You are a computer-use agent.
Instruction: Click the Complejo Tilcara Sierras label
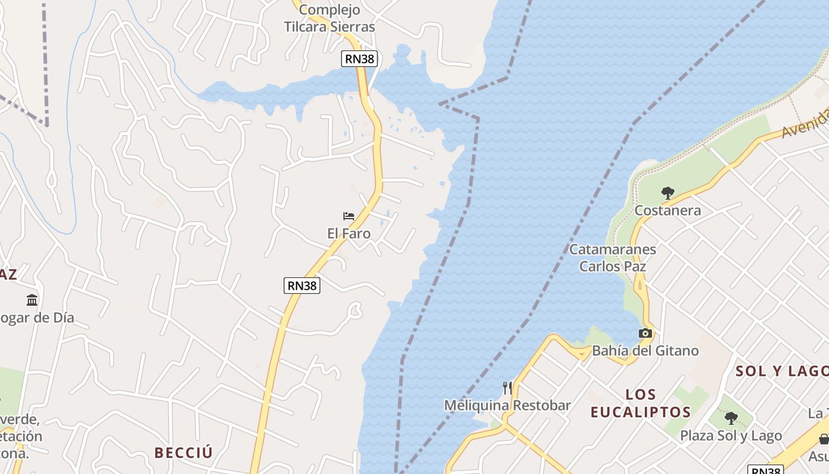pos(329,18)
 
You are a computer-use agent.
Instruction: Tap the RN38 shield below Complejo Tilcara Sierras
pos(359,59)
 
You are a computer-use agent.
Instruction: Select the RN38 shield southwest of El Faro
pos(302,286)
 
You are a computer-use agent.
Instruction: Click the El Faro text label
pos(349,233)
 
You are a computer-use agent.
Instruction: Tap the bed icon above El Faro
pos(349,216)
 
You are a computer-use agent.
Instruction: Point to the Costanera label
pos(667,210)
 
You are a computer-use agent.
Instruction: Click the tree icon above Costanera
pos(668,193)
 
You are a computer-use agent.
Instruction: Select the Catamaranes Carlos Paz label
pos(612,258)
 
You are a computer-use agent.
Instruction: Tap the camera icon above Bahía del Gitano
pos(645,334)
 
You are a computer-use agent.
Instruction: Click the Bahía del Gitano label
pos(645,351)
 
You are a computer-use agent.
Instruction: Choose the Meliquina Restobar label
pos(507,405)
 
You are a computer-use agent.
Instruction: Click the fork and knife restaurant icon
pos(507,388)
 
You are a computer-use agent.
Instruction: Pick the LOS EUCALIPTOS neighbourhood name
pos(641,403)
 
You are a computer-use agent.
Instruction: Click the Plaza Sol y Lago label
pos(731,436)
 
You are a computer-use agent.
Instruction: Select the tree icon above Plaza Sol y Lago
pos(731,418)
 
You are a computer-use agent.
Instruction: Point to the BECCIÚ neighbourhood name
pos(184,453)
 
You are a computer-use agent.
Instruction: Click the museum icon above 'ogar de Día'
pos(32,300)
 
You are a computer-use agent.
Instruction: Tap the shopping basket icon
pos(823,439)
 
